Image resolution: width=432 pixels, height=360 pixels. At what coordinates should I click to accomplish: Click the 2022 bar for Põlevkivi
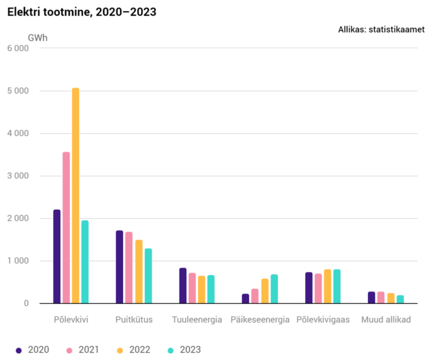pos(75,196)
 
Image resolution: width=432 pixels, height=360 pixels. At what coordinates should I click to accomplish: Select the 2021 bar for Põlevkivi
pos(66,227)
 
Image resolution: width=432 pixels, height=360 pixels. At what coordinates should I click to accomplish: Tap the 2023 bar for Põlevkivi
pos(85,262)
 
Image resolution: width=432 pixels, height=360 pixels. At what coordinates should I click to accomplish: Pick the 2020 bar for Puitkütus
pos(120,267)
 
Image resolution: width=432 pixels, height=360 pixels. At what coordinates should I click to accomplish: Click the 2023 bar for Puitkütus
pos(148,276)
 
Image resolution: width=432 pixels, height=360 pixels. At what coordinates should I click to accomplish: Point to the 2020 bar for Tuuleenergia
pos(183,286)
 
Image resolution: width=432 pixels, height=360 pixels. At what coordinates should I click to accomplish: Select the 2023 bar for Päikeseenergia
pos(274,289)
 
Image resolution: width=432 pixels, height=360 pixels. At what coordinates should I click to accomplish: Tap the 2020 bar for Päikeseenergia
pos(245,299)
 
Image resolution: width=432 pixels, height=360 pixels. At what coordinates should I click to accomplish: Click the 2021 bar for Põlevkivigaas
pos(318,289)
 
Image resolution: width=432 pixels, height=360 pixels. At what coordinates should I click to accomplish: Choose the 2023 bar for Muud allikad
pos(400,299)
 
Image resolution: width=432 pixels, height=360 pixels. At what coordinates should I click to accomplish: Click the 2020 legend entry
pos(33,350)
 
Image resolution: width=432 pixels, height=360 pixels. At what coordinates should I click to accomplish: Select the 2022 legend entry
pos(134,350)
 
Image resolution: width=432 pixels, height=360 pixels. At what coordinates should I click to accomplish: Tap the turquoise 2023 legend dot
pos(171,350)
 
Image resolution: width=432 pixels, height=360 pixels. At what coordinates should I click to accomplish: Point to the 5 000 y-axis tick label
pos(18,91)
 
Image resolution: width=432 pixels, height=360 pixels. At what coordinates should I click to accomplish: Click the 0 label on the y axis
pos(26,303)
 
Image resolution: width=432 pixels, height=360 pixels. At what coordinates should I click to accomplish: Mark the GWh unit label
pos(38,38)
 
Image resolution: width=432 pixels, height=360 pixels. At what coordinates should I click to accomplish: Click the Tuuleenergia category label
pos(197,320)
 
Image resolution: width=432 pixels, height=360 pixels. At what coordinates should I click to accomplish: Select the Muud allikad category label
pos(386,319)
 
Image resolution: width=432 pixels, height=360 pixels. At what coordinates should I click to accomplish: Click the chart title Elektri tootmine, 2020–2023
pos(82,12)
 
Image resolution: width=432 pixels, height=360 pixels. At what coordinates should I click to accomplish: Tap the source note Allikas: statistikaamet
pos(381,29)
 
